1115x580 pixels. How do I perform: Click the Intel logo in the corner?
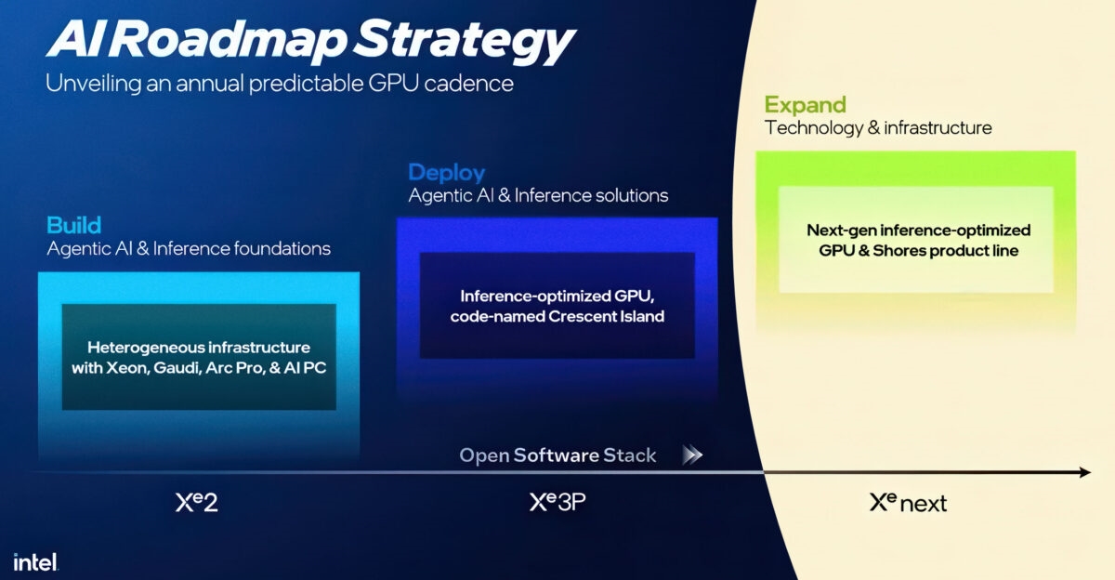tap(35, 561)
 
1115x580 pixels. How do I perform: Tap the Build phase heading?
tap(73, 225)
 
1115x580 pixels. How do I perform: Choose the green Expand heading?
tap(805, 104)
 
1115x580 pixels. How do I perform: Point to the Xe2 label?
tap(196, 503)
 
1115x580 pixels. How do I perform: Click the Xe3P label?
tap(557, 503)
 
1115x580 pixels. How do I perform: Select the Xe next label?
tap(908, 503)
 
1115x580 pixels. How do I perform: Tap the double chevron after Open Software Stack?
tap(692, 455)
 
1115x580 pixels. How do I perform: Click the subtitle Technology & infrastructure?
tap(878, 127)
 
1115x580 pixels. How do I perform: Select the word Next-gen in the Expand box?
tap(840, 230)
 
